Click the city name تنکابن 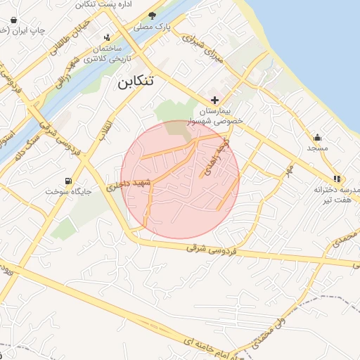click(134, 82)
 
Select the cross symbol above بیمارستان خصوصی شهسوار click(214, 101)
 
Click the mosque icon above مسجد click(317, 137)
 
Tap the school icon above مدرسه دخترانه click(337, 179)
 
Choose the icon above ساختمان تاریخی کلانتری click(107, 37)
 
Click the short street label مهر click(286, 171)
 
